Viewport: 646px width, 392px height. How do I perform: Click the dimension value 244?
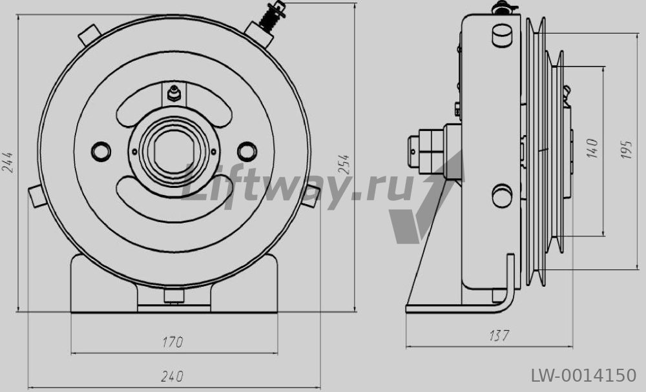tap(7, 162)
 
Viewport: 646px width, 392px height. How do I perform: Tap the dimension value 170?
tap(172, 342)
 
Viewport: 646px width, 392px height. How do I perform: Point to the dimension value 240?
tap(172, 377)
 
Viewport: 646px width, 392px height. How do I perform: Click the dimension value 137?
tap(499, 336)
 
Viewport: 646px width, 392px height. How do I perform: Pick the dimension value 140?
tap(592, 149)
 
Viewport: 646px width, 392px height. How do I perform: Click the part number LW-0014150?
tap(583, 375)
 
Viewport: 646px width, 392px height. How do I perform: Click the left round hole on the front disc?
tap(101, 152)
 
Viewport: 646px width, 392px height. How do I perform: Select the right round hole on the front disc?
tap(247, 151)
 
